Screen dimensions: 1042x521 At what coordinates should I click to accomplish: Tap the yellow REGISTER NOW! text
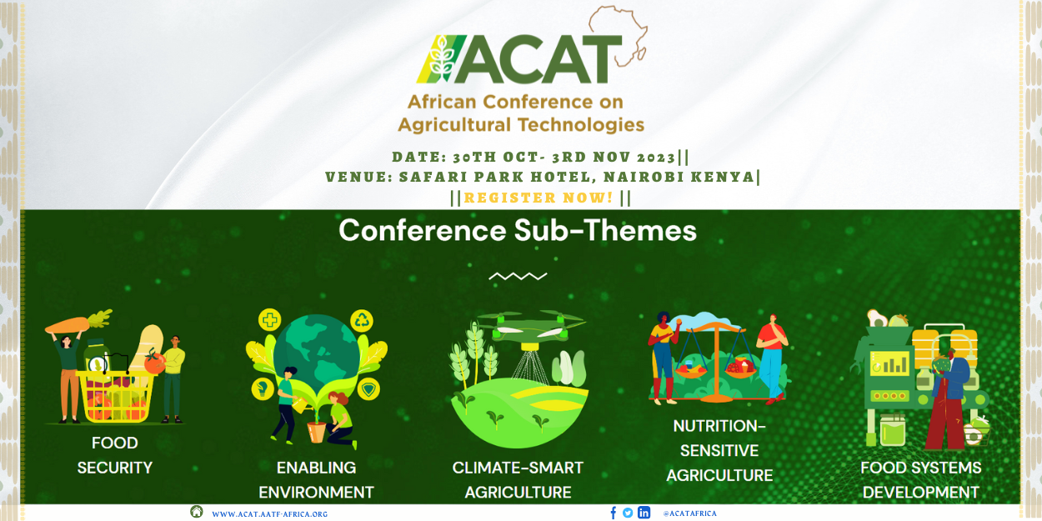pos(539,198)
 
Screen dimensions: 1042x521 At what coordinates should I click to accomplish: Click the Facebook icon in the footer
pos(613,513)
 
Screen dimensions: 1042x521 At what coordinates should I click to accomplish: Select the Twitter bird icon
pos(628,513)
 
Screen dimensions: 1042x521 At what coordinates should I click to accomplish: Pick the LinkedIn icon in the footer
pos(644,513)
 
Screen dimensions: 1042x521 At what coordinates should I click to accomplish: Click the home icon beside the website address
pos(197,512)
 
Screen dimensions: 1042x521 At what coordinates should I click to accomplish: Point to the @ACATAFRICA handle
pos(690,513)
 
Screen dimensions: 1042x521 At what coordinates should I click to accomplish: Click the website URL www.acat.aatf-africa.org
pos(270,514)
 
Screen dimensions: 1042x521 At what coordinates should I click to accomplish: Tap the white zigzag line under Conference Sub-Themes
pos(518,276)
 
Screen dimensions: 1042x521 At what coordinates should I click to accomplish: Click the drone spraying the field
pos(531,328)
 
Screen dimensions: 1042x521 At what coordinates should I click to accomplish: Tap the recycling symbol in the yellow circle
pos(362,320)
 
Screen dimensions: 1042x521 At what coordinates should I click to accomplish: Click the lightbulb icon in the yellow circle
pos(263,388)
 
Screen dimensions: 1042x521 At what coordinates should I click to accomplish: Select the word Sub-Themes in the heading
pos(605,230)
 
